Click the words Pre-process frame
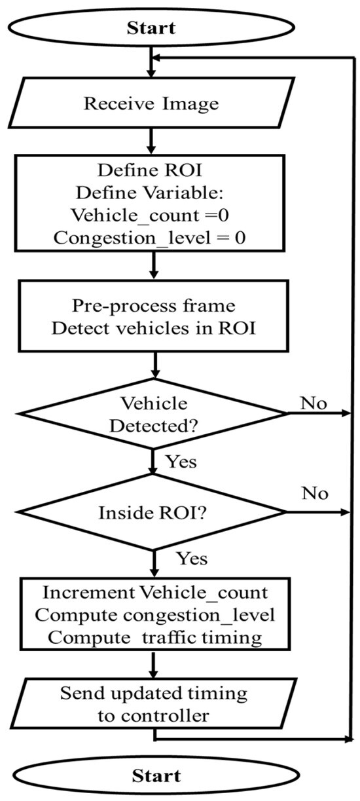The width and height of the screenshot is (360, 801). point(154,307)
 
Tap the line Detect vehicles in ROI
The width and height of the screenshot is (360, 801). point(154,329)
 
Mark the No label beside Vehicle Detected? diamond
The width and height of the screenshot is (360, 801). point(314,401)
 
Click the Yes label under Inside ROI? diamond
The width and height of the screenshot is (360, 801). point(191,559)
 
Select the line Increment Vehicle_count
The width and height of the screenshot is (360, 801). point(154,592)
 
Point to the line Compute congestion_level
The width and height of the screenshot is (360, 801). point(154,615)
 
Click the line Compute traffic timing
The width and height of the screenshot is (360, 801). point(154,637)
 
